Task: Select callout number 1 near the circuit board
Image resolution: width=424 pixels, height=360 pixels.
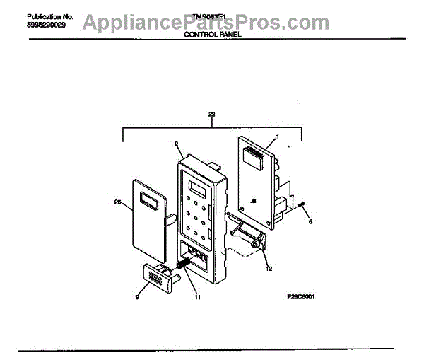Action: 277,137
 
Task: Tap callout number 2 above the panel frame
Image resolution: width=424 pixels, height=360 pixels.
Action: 175,144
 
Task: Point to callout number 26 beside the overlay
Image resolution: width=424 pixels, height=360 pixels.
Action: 118,203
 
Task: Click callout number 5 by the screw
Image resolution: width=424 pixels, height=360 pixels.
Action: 307,221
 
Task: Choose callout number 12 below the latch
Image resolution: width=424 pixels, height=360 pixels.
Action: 269,268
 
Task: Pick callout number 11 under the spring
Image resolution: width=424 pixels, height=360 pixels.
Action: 198,297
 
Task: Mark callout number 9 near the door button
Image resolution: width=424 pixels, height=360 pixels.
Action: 137,298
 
